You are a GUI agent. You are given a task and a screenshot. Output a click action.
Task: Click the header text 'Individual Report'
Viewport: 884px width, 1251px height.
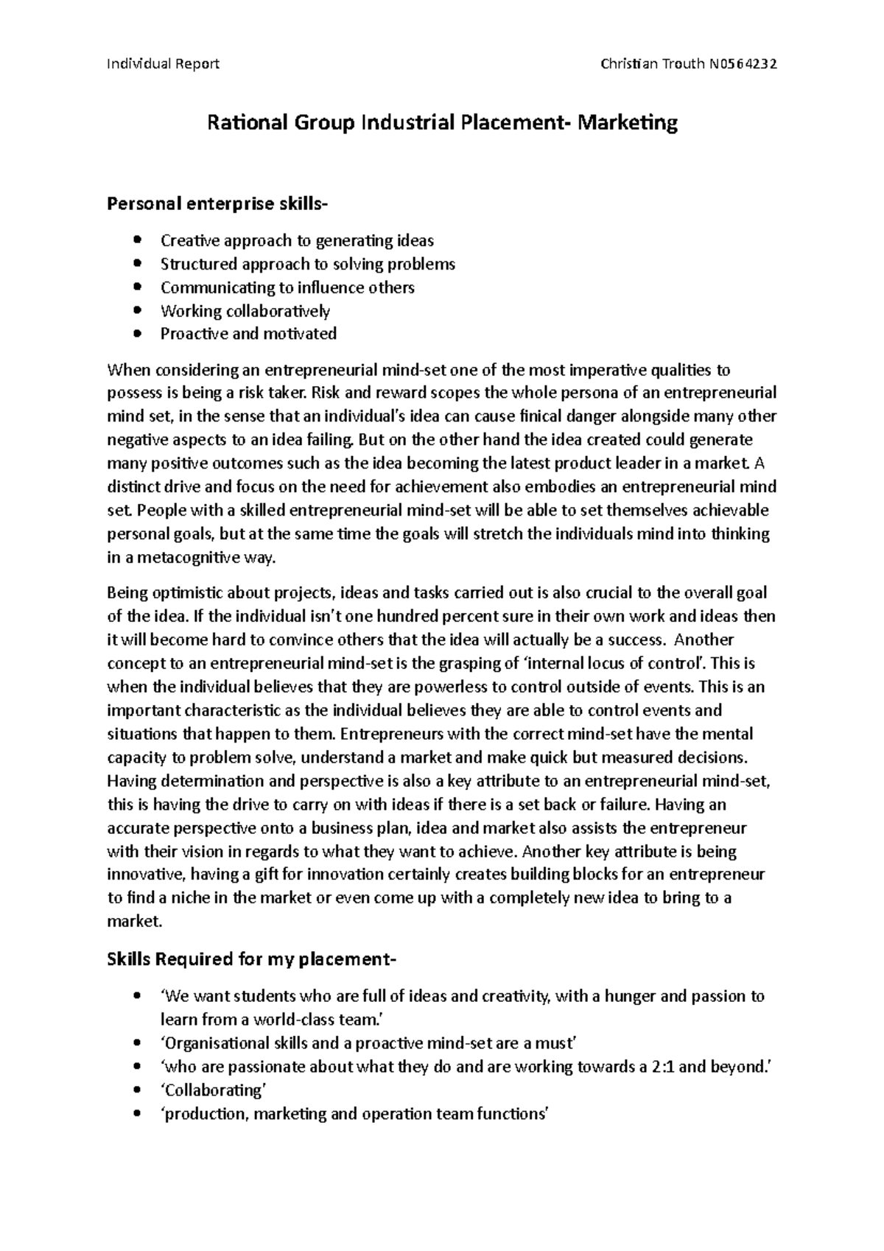[163, 63]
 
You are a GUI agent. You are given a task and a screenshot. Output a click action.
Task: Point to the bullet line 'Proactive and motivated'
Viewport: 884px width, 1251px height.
[248, 334]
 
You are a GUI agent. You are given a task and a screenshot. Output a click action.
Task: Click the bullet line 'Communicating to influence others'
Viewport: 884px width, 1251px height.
[287, 287]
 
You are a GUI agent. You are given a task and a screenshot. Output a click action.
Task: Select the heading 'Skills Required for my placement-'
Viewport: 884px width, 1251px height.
[251, 960]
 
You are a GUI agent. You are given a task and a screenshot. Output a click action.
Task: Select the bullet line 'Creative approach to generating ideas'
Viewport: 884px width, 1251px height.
[297, 240]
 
